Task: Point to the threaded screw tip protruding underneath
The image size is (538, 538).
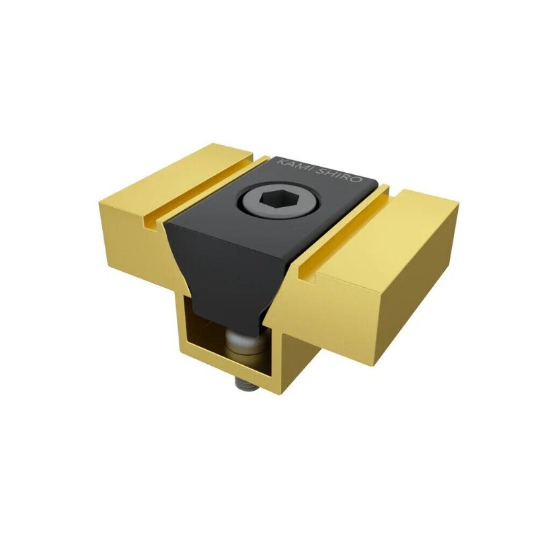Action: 243,384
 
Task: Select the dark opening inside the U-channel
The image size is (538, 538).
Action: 208,336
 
